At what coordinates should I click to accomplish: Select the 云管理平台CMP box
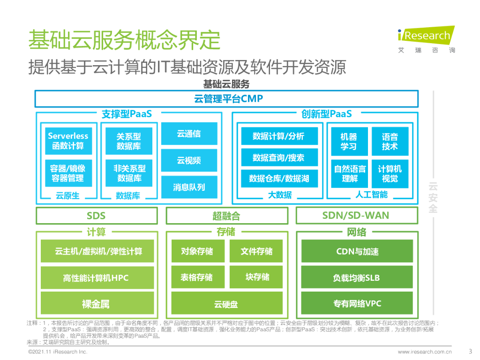pos(226,98)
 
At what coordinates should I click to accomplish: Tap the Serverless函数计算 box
pos(68,141)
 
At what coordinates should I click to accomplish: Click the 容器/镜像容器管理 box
pos(68,173)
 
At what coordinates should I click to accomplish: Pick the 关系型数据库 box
pos(129,141)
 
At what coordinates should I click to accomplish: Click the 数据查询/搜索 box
pos(278,157)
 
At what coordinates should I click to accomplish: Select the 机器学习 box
pos(349,141)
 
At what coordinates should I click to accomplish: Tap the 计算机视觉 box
pos(390,173)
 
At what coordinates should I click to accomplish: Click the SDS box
pos(96,216)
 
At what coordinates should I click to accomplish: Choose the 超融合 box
pos(226,216)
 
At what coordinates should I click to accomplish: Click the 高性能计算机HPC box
pos(96,277)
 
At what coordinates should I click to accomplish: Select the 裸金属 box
pos(96,304)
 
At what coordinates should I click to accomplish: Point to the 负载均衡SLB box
pos(357,277)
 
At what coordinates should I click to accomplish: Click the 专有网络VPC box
pos(357,304)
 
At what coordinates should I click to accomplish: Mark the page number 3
pos(470,351)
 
